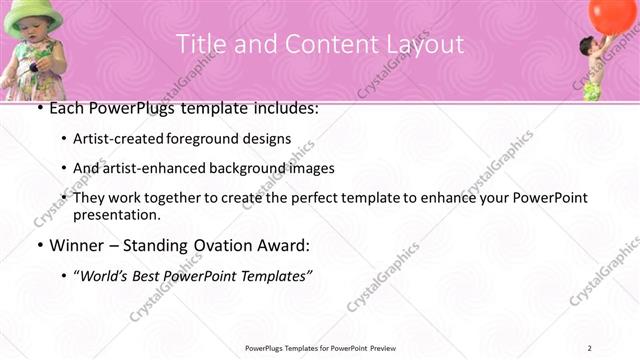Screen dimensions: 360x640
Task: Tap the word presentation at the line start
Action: click(x=117, y=214)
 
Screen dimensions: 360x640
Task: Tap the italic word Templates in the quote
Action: click(x=270, y=275)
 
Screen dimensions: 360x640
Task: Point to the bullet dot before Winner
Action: click(x=39, y=245)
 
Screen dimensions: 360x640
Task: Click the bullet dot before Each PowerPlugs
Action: click(x=39, y=108)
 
